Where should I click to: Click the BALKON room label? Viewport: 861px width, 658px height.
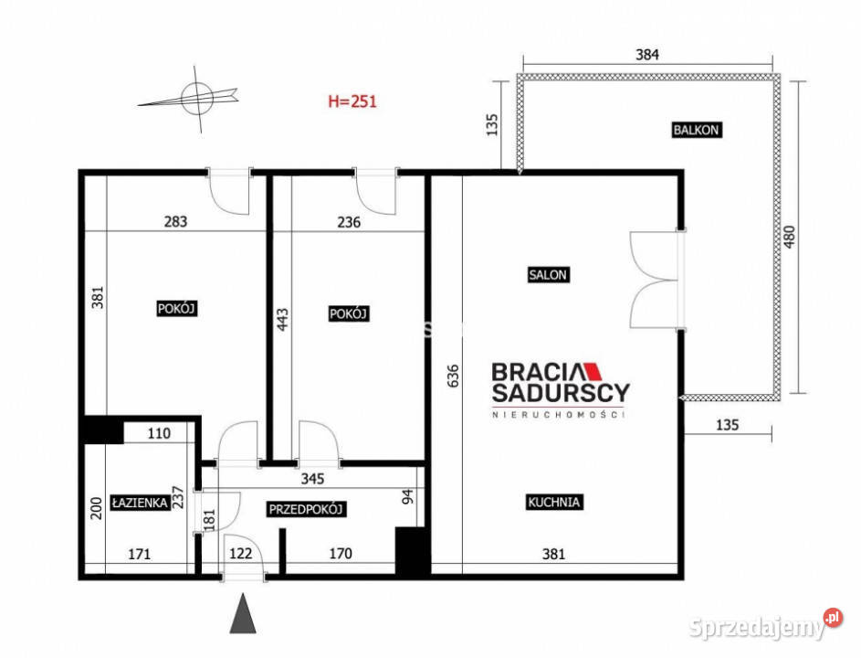[x=696, y=130]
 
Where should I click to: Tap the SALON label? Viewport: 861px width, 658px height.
[x=548, y=274]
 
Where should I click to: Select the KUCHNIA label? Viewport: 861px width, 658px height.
[x=553, y=502]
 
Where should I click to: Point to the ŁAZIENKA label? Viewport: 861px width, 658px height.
[x=140, y=503]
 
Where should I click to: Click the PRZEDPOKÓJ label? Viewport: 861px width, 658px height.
[x=306, y=509]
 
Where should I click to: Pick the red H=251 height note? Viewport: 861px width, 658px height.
[x=352, y=101]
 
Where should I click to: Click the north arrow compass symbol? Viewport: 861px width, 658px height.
[x=192, y=99]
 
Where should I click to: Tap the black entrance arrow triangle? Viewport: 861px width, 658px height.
[x=243, y=613]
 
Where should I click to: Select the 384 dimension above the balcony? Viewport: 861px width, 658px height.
[x=646, y=55]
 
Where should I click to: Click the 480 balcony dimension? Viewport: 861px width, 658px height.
[x=789, y=237]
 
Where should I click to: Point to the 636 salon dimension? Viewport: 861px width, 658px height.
[x=453, y=376]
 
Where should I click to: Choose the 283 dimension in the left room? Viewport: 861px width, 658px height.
[x=175, y=221]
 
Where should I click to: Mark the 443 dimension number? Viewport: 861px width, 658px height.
[x=282, y=319]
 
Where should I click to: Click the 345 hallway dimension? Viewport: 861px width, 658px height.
[x=312, y=479]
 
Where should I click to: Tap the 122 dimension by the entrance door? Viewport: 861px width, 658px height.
[x=240, y=553]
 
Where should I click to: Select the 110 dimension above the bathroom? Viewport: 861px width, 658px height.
[x=159, y=433]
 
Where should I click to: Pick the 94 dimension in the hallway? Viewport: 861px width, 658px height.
[x=407, y=497]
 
